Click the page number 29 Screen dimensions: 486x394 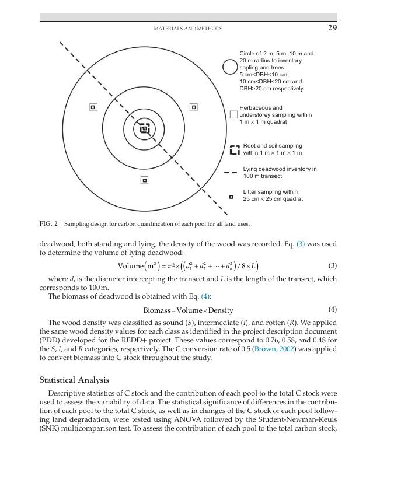pos(332,28)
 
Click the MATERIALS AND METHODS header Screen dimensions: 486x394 pos(187,29)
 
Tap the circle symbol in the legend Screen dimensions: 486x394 pos(230,67)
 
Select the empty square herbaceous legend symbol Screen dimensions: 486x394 pos(233,114)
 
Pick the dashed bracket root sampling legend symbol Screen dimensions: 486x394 pos(235,150)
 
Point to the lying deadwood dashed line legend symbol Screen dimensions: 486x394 pos(231,173)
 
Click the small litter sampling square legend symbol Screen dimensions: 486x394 pos(231,197)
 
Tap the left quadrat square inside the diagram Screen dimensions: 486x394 pos(93,107)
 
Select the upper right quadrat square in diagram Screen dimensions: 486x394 pos(194,107)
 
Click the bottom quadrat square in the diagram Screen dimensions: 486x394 pos(144,180)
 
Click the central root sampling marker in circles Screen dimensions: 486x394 pos(144,129)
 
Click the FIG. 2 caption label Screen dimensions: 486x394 pos(48,223)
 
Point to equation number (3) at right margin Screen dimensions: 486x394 pos(333,265)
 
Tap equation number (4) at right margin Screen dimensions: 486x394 pos(333,309)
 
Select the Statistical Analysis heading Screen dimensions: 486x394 pos(74,380)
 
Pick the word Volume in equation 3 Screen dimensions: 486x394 pos(131,267)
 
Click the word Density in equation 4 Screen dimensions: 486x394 pos(221,310)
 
